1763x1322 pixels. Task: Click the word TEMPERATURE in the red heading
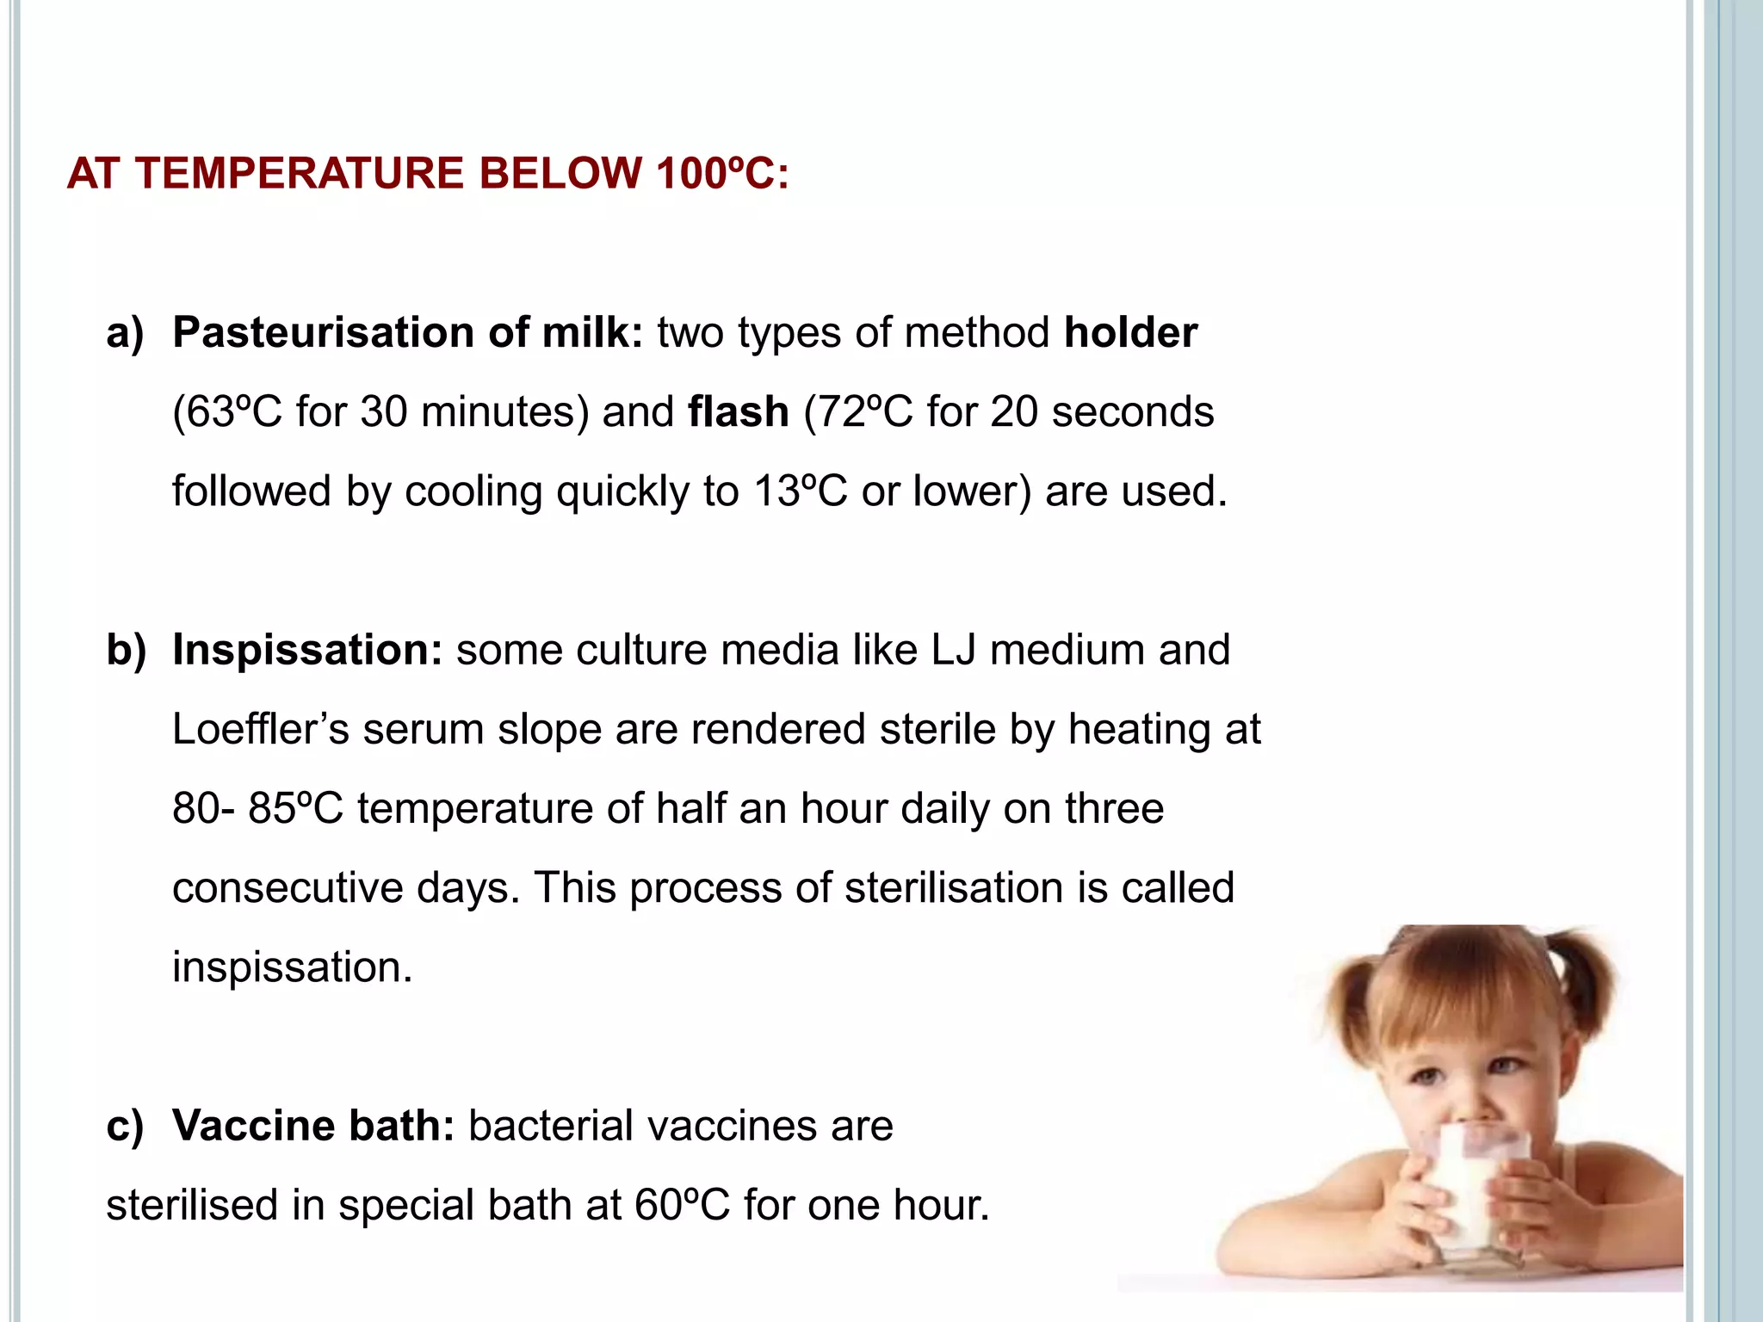tap(301, 174)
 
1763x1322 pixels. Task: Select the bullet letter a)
tap(126, 333)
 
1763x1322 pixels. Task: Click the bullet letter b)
tap(126, 650)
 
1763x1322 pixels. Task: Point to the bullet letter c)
tap(126, 1126)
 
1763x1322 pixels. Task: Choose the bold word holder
tap(1130, 333)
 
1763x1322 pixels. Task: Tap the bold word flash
tap(739, 412)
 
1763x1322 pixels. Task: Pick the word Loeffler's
tap(260, 730)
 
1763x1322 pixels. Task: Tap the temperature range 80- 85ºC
tap(257, 809)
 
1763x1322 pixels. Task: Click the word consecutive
tap(288, 888)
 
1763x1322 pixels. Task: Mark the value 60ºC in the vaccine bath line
tap(682, 1205)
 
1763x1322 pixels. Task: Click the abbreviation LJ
tap(954, 650)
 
